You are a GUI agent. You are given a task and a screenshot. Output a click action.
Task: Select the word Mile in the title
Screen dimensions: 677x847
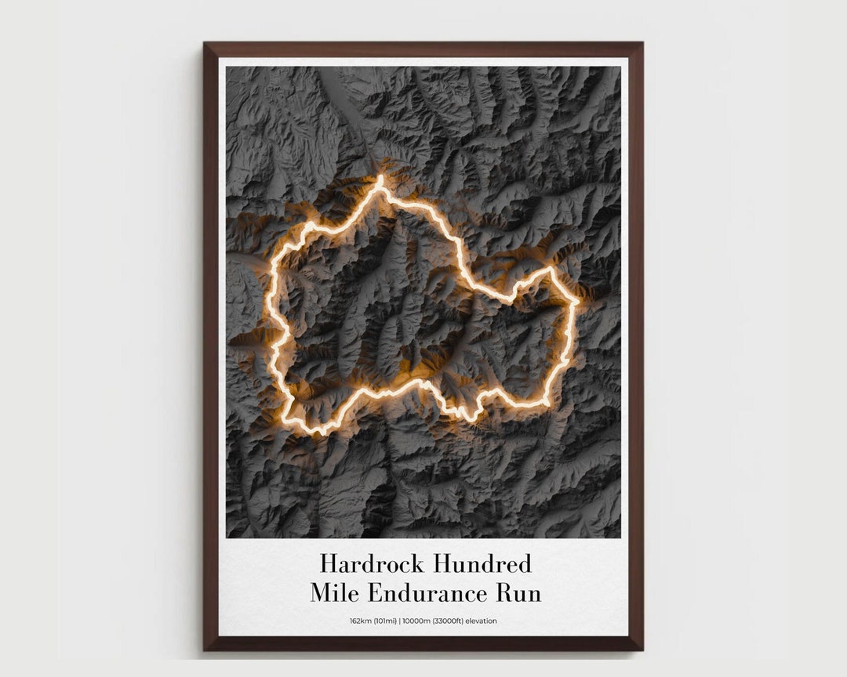(x=336, y=593)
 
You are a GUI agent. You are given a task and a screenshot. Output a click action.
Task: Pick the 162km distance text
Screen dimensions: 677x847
(x=362, y=621)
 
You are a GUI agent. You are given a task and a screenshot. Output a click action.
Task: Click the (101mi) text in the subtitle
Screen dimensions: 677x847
(x=386, y=621)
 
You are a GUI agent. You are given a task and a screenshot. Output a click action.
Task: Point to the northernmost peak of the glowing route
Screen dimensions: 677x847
(x=380, y=179)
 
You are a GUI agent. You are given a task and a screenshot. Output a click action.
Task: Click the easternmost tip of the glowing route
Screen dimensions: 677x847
(x=577, y=301)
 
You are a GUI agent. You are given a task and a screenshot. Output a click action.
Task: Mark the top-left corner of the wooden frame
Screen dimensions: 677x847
(x=205, y=43)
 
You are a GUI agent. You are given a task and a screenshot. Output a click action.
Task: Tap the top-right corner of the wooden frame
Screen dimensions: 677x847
(x=642, y=43)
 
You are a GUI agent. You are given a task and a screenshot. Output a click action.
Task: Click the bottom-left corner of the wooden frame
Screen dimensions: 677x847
(x=205, y=650)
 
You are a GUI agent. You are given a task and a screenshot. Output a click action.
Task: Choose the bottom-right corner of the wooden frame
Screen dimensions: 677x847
(x=642, y=650)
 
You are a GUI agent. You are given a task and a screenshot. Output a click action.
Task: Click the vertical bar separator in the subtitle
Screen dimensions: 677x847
(x=400, y=621)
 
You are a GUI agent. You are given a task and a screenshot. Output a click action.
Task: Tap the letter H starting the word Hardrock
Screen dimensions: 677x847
(x=328, y=563)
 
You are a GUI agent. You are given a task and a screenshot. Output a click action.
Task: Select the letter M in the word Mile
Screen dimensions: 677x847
(x=322, y=593)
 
